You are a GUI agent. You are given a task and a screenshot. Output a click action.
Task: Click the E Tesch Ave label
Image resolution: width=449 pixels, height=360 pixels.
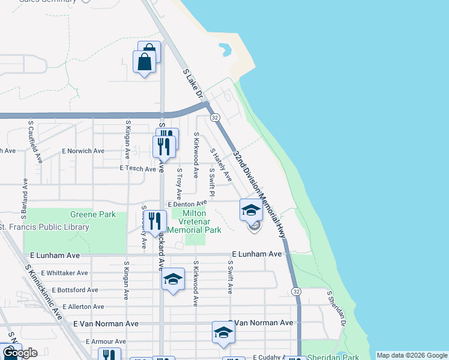(x=138, y=169)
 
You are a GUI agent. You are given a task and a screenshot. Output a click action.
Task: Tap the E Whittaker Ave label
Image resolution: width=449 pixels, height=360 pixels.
(x=65, y=273)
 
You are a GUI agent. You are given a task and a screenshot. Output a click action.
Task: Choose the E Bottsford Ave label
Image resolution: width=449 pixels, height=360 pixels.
(x=70, y=290)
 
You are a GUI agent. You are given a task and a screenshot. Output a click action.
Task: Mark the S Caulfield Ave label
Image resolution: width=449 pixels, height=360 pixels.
(x=35, y=142)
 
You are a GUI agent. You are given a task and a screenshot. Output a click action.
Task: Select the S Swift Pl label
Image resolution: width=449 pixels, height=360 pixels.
(x=211, y=181)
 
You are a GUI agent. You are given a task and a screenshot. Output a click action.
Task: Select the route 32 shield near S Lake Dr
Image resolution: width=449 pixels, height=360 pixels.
(x=215, y=117)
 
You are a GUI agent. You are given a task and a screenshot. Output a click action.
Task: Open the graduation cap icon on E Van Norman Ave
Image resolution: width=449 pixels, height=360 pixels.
(x=223, y=333)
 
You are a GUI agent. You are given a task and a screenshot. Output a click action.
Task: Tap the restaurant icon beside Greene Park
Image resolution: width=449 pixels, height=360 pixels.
(x=155, y=221)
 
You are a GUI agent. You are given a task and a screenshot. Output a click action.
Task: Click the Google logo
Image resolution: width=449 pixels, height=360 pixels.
(x=20, y=353)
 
